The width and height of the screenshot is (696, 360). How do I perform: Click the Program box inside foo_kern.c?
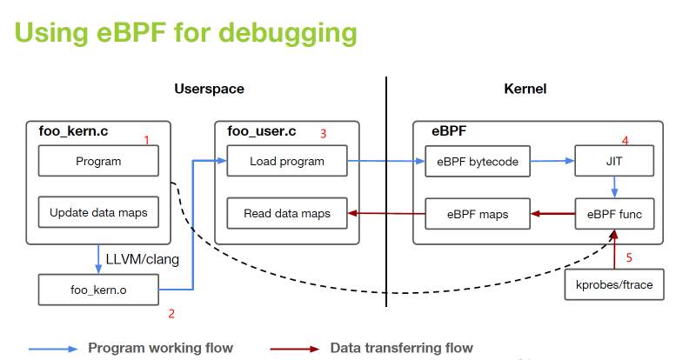coord(98,161)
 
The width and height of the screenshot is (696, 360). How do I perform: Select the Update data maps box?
coord(98,212)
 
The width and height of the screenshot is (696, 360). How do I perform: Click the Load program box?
coord(286,161)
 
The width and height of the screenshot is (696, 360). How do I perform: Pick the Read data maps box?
coord(286,212)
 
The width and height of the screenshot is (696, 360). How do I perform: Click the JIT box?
coord(614,161)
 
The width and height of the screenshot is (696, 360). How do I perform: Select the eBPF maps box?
coord(478,212)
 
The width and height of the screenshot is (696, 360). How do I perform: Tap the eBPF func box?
coord(614,212)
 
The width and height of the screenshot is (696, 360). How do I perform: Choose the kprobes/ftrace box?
coord(614,284)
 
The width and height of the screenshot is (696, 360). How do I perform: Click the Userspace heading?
coord(209,90)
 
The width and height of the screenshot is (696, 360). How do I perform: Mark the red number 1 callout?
coord(146,140)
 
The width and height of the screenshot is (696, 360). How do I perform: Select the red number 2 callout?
coord(171,313)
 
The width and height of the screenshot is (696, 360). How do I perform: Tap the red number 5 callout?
coord(629,257)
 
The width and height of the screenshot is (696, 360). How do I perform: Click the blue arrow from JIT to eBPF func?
coord(614,186)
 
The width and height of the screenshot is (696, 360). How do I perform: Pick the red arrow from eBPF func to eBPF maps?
coord(553,212)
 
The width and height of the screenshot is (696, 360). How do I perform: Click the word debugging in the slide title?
coord(287,32)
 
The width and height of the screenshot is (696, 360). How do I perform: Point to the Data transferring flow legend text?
coord(401,348)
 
